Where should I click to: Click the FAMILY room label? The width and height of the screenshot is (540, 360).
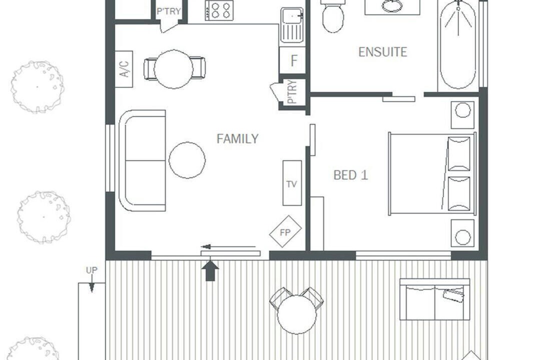point(237,138)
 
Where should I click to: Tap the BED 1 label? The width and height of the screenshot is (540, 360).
point(351,175)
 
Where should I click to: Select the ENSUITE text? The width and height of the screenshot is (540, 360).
point(383,52)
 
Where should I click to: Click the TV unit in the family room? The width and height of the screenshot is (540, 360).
point(292,183)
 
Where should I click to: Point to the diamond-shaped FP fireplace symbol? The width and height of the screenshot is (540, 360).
point(285,231)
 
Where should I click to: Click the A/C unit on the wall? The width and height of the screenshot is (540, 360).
point(124,69)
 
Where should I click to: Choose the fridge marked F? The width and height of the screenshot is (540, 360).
point(292,60)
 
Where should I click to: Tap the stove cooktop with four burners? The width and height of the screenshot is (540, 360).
point(219,10)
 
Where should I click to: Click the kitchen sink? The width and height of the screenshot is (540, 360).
point(292,25)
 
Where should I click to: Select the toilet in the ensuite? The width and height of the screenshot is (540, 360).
point(333,16)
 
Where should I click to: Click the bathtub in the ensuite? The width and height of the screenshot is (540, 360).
point(458,44)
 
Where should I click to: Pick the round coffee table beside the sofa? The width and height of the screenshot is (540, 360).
point(187,160)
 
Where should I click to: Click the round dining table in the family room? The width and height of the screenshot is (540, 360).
point(173,69)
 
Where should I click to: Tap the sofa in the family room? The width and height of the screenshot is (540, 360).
point(142,160)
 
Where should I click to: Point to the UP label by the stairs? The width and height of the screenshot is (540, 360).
point(92,270)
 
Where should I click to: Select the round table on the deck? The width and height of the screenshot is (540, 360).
point(297,314)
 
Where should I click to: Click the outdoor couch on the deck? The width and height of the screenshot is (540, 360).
point(435,299)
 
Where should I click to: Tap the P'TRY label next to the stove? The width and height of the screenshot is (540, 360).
point(169,11)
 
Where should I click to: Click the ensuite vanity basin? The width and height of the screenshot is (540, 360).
point(392,6)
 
